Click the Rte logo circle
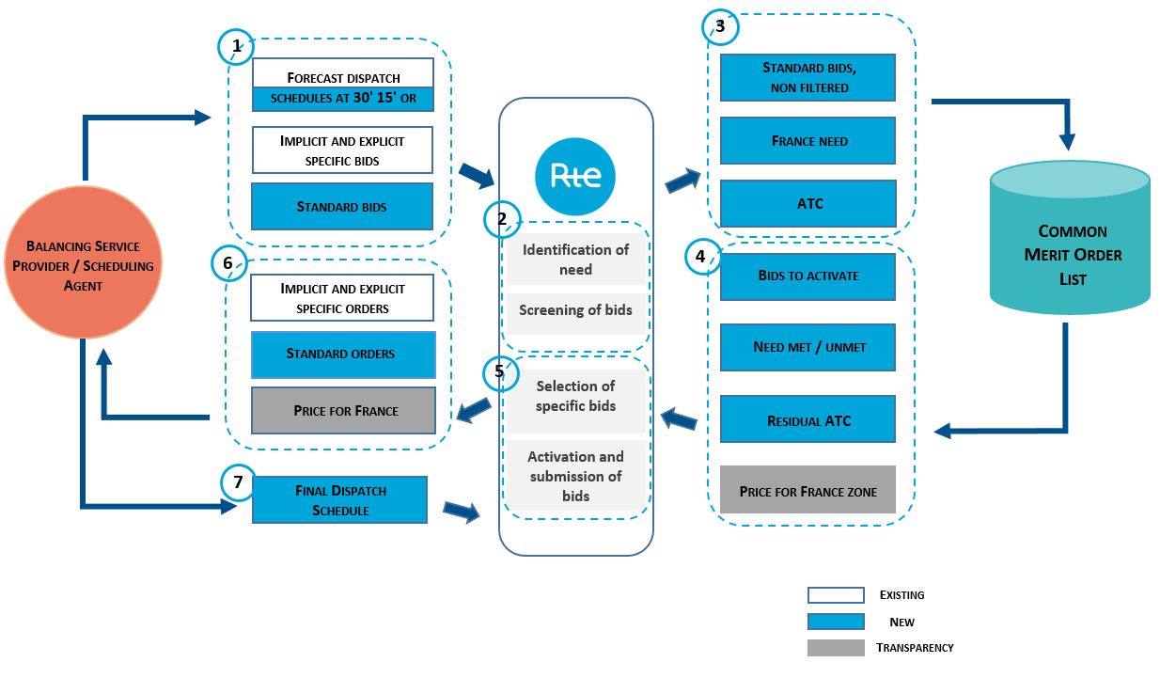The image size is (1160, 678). click(x=574, y=176)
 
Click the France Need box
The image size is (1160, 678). click(x=807, y=141)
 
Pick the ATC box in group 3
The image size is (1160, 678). click(x=807, y=203)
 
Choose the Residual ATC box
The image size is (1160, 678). click(x=807, y=419)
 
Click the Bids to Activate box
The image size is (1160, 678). click(x=807, y=276)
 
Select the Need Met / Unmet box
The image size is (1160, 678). click(x=807, y=347)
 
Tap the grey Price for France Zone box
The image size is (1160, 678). click(x=807, y=490)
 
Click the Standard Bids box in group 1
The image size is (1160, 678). click(x=341, y=207)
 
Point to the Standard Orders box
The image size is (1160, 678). click(x=341, y=355)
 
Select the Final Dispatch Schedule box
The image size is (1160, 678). click(x=339, y=500)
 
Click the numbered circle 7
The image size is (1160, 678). click(x=238, y=482)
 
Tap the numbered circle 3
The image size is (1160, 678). click(x=720, y=27)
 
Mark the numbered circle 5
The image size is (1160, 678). click(x=499, y=372)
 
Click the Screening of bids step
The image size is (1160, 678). click(x=575, y=311)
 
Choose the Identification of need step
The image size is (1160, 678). click(x=575, y=260)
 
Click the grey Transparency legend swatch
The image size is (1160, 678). click(x=835, y=648)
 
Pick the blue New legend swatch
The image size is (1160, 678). click(x=835, y=622)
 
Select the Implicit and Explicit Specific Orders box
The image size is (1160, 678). click(x=341, y=298)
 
